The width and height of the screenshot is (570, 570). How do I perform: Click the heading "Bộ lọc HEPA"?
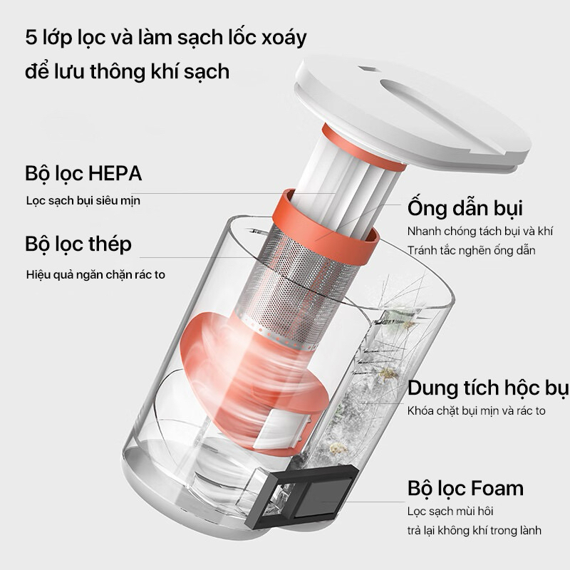[83, 173]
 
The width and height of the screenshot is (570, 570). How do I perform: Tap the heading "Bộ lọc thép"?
[78, 244]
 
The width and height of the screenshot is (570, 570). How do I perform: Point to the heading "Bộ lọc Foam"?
[465, 488]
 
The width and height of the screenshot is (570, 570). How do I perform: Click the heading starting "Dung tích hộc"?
[487, 388]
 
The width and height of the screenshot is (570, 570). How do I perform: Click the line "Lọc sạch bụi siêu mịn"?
[83, 200]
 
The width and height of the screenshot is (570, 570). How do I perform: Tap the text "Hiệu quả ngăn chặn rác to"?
[95, 274]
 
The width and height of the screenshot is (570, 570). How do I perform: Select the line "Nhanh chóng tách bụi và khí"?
[481, 232]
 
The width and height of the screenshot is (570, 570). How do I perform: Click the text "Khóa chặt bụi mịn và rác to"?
[477, 411]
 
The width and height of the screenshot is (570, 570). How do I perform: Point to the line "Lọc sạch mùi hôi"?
[450, 512]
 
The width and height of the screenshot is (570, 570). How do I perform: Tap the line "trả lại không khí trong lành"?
[475, 530]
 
